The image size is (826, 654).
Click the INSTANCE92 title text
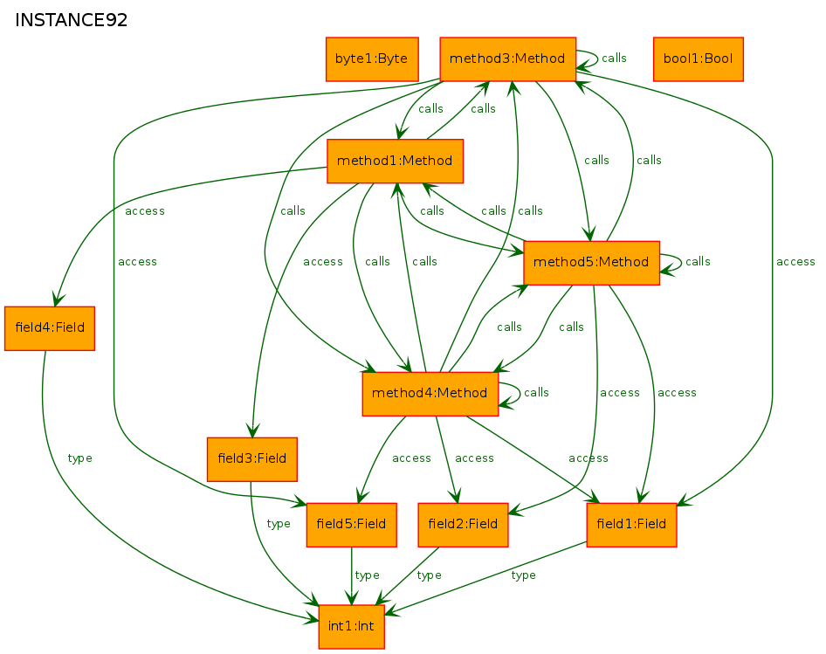point(71,20)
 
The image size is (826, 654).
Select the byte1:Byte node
point(372,59)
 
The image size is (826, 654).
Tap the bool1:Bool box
point(698,59)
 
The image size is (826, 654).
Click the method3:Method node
point(508,59)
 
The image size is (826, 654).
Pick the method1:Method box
point(395,162)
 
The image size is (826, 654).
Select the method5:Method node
point(592,263)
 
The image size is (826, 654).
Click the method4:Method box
point(430,394)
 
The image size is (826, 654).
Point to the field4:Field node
point(50,328)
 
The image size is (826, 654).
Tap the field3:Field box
point(252,459)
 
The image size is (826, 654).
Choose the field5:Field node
point(351,525)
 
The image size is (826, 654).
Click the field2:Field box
point(463,525)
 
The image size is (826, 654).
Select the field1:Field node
point(631,525)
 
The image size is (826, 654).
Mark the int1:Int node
point(351,627)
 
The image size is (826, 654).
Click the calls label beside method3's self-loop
point(614,58)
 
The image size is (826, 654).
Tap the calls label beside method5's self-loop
point(698,262)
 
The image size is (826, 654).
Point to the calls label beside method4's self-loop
point(536,393)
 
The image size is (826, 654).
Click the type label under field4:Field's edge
point(80,458)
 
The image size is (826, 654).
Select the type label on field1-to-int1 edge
point(524,575)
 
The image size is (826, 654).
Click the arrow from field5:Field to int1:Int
point(351,575)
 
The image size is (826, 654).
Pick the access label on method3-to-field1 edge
point(795,262)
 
